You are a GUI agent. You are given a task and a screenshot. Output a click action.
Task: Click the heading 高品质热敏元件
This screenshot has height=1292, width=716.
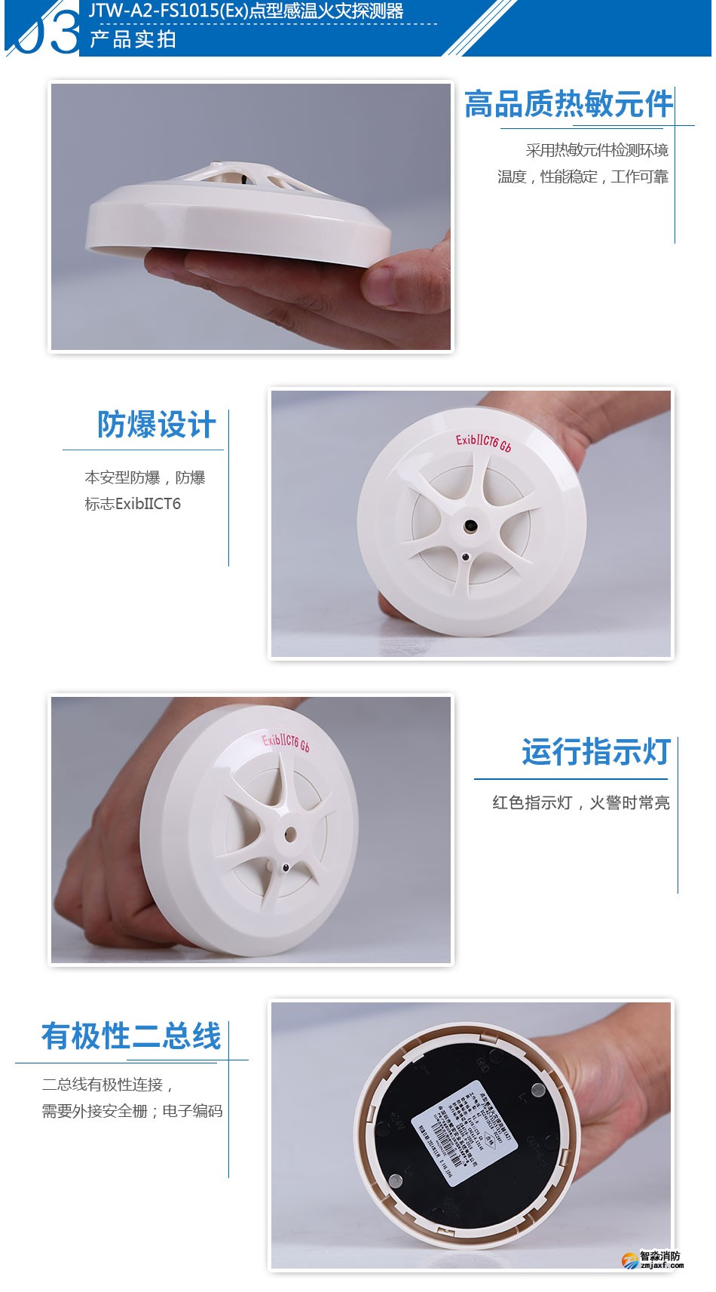568,104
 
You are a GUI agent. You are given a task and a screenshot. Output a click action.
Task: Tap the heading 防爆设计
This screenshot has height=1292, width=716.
156,425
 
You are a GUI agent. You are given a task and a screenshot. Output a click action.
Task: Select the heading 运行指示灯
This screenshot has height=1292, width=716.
595,752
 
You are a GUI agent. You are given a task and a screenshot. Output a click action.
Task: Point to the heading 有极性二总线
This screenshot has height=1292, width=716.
131,1036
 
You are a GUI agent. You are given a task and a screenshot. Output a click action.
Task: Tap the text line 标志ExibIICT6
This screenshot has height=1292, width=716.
133,504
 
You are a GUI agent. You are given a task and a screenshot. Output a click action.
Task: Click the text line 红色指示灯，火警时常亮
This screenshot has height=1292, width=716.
580,803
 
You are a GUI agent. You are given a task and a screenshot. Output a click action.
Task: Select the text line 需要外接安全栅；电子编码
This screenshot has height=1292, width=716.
132,1111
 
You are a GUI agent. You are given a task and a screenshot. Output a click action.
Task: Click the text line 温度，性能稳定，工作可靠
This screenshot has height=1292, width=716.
582,176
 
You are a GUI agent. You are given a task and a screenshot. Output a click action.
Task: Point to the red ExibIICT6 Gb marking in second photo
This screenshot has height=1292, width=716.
483,443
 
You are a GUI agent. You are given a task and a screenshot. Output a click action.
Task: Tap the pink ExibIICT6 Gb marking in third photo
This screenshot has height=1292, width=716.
286,743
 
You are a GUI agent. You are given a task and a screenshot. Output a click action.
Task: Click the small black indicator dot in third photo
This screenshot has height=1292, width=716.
285,867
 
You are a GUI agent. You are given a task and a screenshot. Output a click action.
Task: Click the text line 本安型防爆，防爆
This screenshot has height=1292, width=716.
145,477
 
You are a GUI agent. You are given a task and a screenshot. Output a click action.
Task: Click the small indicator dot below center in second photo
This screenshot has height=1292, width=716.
466,557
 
